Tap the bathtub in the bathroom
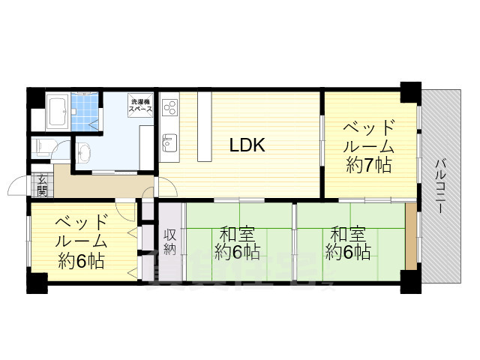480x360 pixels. click(x=58, y=113)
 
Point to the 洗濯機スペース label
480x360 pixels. click(x=140, y=106)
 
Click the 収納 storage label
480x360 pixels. click(x=170, y=241)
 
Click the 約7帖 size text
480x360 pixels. click(x=368, y=166)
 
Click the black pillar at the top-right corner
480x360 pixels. click(x=409, y=92)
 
